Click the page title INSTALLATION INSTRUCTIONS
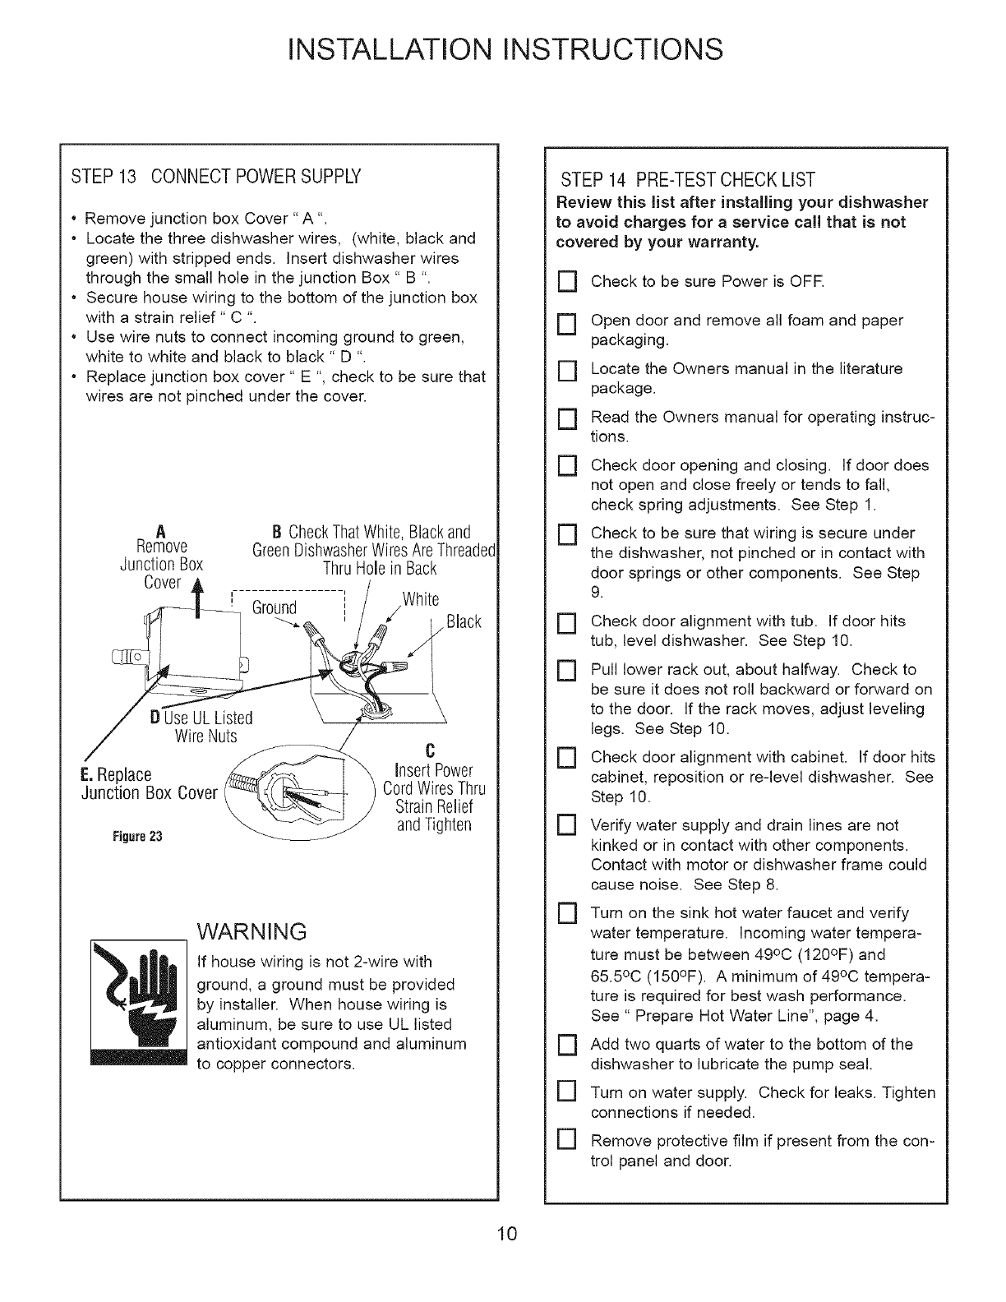point(502,50)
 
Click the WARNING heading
point(252,931)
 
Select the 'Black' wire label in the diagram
point(464,621)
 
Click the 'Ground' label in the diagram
point(274,607)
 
